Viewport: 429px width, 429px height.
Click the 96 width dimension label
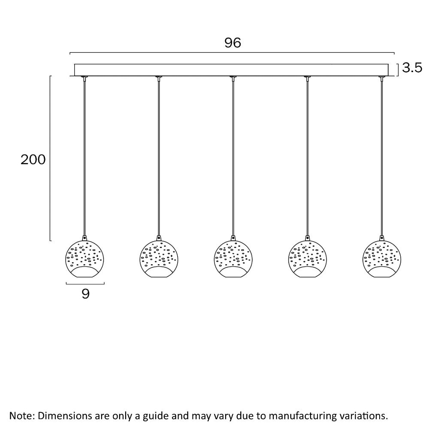coord(233,43)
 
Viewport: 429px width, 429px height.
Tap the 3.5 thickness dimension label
coord(412,68)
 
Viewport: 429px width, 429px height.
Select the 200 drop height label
coord(33,160)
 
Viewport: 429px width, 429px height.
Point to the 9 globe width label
coord(86,293)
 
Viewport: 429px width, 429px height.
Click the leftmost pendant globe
coord(85,259)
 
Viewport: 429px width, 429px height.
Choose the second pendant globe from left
coord(159,259)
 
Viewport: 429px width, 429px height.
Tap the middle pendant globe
coord(233,259)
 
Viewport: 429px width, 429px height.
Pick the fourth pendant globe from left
coord(308,259)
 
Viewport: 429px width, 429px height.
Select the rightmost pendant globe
coord(382,259)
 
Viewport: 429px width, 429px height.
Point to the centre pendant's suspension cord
coord(233,158)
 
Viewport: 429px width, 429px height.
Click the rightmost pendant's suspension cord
coord(382,158)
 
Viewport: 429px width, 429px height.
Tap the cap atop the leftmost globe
coord(85,238)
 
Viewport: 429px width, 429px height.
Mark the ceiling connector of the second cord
coord(159,78)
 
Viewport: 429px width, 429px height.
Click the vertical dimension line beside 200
coord(50,158)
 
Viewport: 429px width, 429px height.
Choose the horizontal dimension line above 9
coord(85,284)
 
